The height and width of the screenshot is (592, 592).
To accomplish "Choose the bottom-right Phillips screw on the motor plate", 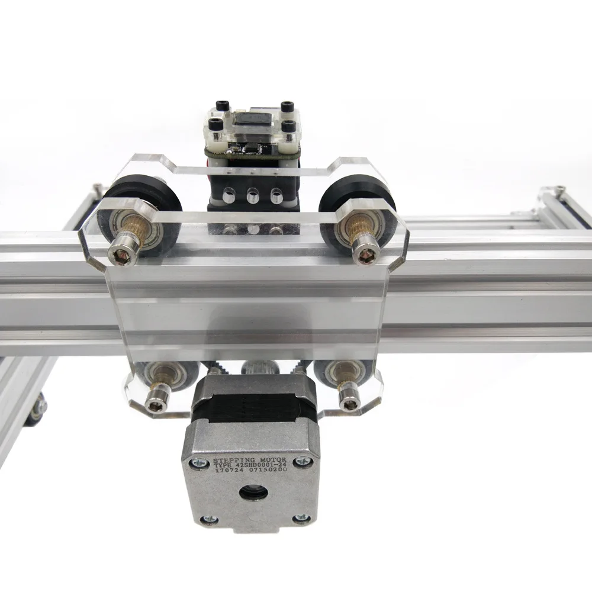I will [300, 519].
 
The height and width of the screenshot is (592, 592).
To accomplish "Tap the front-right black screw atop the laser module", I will [289, 126].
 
